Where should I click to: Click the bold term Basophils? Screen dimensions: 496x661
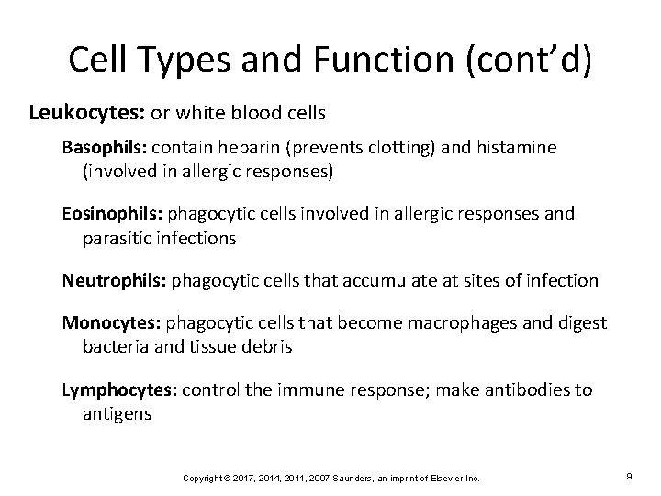coord(105,147)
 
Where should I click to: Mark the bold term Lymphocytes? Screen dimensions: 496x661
coord(119,389)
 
